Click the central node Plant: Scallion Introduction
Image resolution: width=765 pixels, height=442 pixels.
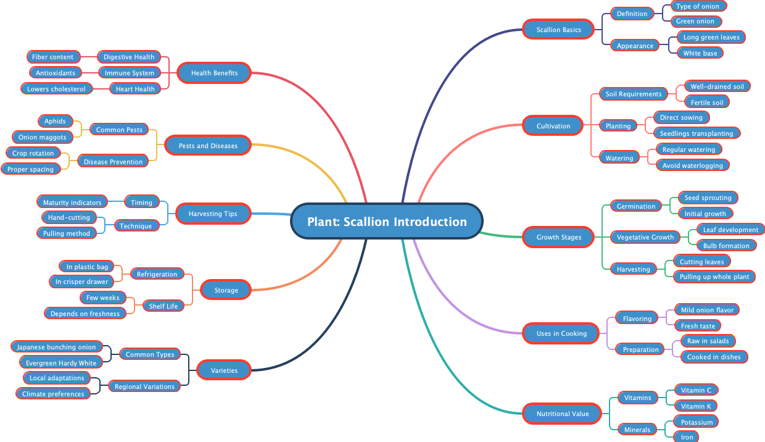[x=387, y=222]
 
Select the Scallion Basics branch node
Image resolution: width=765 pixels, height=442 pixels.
[x=558, y=30]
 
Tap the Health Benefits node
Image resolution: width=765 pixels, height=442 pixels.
[x=214, y=73]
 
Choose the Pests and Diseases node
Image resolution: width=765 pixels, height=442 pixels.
[x=208, y=146]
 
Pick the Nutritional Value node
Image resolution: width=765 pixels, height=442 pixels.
[x=562, y=414]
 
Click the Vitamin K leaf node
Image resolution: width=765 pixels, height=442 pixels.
[x=696, y=406]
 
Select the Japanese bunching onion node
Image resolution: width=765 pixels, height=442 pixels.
[x=56, y=347]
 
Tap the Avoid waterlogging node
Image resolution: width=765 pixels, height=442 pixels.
[x=692, y=165]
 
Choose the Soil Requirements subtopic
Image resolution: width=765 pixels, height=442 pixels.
[x=633, y=94]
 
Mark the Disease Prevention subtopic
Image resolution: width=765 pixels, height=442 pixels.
[x=113, y=162]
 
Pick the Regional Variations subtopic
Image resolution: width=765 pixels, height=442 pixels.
[x=144, y=386]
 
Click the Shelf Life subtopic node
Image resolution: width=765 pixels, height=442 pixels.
[x=163, y=306]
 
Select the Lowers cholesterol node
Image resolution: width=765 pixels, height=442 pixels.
[x=56, y=89]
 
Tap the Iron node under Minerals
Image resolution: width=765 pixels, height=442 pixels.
[x=687, y=437]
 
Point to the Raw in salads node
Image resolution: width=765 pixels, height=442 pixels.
[x=708, y=341]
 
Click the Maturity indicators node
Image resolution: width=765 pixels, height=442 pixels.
[x=72, y=202]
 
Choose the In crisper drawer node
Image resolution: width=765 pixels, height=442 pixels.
[x=81, y=281]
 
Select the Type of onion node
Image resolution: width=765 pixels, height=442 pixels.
[x=697, y=6]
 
